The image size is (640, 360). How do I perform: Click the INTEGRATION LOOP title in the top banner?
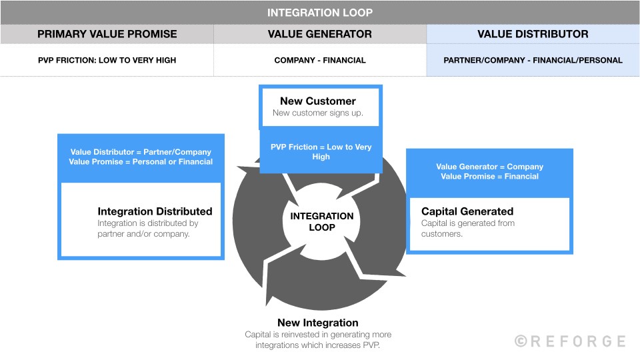(x=320, y=13)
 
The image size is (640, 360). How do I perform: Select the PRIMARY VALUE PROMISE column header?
(x=107, y=34)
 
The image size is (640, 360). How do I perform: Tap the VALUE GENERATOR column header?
(x=320, y=34)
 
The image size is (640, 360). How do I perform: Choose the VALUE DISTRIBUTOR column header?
(x=533, y=34)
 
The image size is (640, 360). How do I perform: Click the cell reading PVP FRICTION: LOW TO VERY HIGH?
(x=107, y=60)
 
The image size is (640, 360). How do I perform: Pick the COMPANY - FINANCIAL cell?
(x=320, y=60)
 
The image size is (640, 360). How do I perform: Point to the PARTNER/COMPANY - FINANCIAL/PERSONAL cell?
(x=533, y=60)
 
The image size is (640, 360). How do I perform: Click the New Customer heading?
(x=318, y=101)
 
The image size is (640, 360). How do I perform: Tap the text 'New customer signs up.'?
(x=318, y=113)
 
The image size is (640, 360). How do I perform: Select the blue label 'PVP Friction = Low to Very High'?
(x=321, y=152)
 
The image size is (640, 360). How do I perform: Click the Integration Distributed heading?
(x=155, y=211)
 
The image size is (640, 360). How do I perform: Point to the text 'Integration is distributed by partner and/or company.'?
(x=148, y=229)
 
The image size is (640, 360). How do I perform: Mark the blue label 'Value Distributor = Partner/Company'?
(x=141, y=152)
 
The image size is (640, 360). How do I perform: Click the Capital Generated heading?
(x=467, y=211)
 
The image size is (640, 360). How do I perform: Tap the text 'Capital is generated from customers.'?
(x=467, y=229)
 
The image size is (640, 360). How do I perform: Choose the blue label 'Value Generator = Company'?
(x=489, y=167)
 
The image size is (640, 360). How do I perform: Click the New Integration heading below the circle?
(x=318, y=323)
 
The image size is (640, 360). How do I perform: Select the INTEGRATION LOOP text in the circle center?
(x=322, y=222)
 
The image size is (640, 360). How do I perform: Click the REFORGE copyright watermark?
(x=570, y=341)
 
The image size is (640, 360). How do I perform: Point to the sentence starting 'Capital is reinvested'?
(x=318, y=339)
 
